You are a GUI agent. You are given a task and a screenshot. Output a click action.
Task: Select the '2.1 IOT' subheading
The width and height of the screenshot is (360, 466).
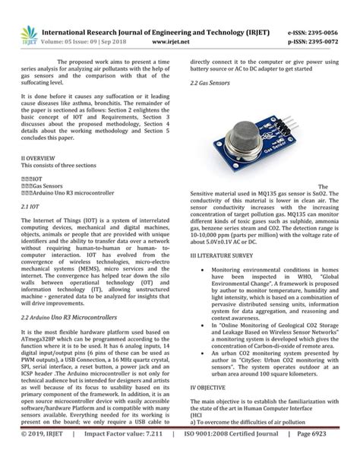[30, 205]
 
